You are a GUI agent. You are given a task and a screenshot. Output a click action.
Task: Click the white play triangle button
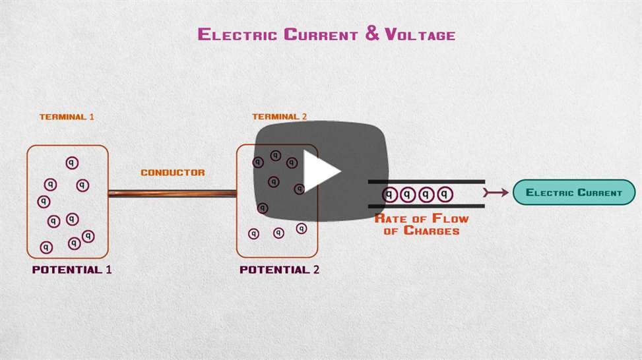click(321, 171)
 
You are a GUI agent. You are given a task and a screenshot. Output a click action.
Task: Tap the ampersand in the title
click(372, 34)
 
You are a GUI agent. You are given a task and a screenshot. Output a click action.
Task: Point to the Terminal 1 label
click(67, 117)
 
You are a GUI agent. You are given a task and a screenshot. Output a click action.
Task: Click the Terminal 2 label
click(279, 117)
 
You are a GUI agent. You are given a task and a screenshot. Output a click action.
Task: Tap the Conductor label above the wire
click(173, 173)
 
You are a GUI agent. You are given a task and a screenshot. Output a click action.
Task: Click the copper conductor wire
click(172, 193)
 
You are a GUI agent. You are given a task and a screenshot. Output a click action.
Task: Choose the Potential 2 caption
click(279, 270)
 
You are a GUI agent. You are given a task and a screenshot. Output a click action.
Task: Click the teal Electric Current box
click(573, 193)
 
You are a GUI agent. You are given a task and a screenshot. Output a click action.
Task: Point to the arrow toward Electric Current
click(494, 193)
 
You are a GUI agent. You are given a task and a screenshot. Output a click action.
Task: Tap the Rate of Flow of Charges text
click(422, 224)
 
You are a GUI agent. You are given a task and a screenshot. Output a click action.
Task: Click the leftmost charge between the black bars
click(390, 194)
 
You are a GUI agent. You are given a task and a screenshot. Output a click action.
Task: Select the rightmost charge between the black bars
click(446, 194)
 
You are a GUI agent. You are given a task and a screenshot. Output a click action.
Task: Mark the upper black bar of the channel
click(426, 181)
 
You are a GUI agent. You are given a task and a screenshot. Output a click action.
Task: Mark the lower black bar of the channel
click(426, 206)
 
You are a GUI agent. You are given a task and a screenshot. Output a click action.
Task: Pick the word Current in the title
click(321, 34)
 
